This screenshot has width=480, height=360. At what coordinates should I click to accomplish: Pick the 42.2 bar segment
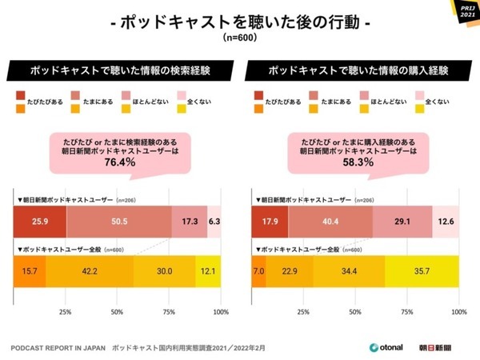click(90, 271)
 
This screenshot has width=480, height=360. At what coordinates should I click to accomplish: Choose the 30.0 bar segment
click(165, 271)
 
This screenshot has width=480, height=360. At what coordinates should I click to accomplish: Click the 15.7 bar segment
click(30, 271)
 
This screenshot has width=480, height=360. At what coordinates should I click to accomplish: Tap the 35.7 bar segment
click(422, 271)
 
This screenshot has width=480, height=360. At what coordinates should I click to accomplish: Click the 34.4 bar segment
click(349, 271)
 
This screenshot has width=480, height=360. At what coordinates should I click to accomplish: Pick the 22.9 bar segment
click(290, 271)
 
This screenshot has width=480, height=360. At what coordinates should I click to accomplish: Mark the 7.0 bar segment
click(259, 271)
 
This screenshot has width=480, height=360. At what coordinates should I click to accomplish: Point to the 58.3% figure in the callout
click(356, 162)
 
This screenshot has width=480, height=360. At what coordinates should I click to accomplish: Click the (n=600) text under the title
click(240, 38)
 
